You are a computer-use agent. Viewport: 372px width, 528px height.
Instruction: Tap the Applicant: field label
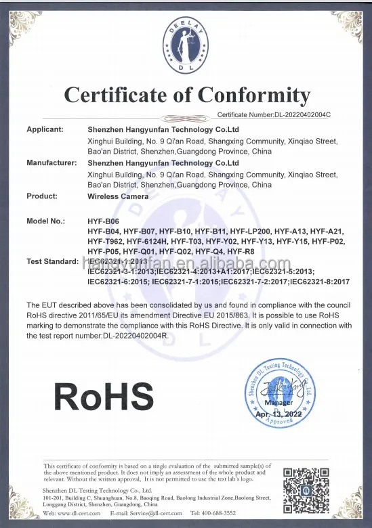point(45,129)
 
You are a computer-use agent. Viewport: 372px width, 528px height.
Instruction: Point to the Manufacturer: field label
point(51,163)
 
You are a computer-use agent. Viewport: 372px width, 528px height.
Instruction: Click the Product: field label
point(42,196)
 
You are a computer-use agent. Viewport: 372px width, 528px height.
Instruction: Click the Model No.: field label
point(46,221)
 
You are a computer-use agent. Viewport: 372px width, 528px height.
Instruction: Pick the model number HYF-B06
point(104,221)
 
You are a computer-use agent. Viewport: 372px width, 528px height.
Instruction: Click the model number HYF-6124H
point(146,241)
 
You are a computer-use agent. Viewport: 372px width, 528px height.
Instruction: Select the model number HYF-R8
point(241,251)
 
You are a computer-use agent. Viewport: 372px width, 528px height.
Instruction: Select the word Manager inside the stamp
point(278,402)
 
